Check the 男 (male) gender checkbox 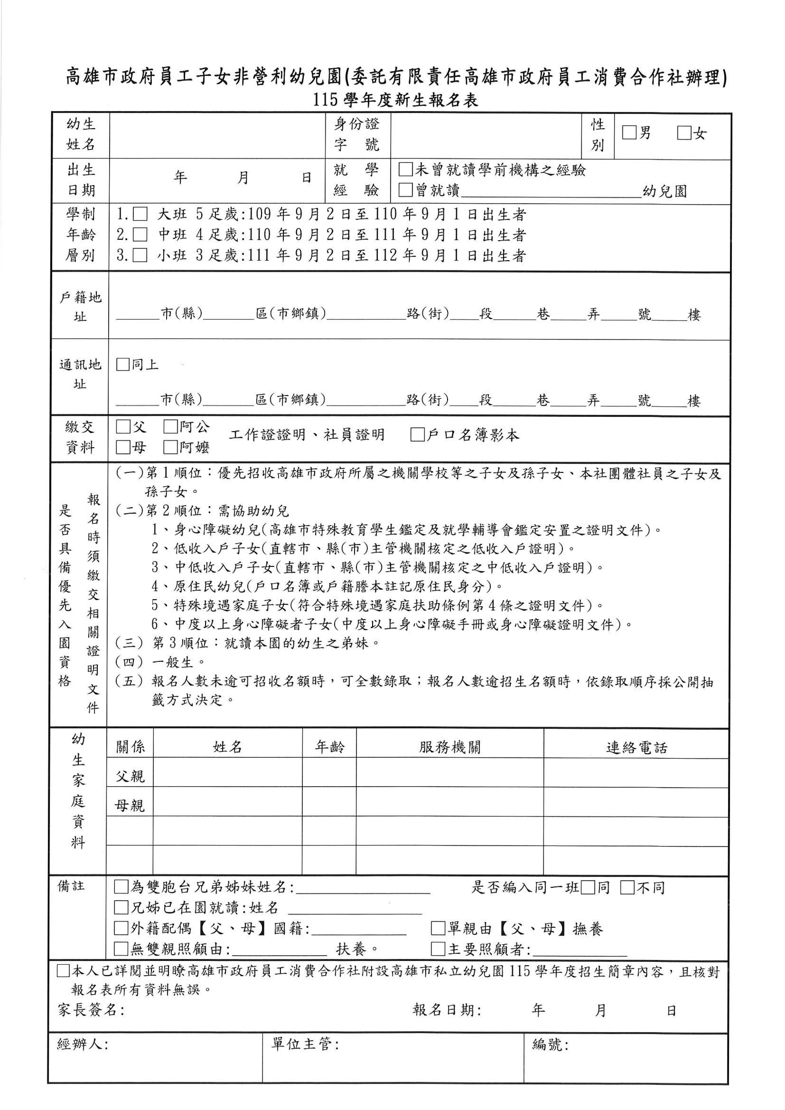[x=629, y=133]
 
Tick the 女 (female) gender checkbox [x=684, y=133]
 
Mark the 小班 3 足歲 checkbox [x=140, y=255]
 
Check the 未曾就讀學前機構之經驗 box [x=405, y=169]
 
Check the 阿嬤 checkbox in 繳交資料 [x=170, y=447]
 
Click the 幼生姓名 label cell [x=81, y=135]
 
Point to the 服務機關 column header [x=450, y=747]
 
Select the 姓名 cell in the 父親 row [x=227, y=776]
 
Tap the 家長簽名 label [x=91, y=1010]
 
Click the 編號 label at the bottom [x=550, y=1045]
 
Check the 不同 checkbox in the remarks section [x=627, y=887]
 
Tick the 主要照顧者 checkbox [x=438, y=949]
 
